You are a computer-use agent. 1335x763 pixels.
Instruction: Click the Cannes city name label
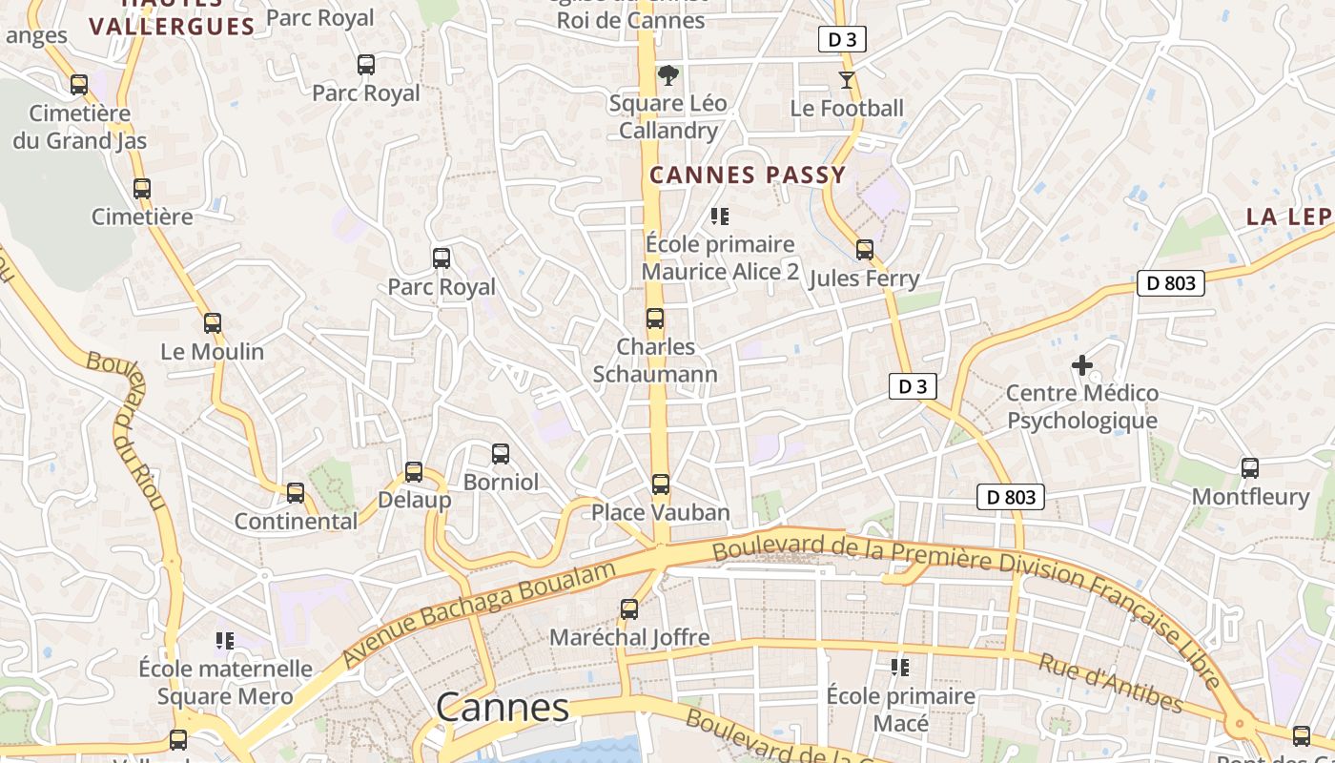[503, 708]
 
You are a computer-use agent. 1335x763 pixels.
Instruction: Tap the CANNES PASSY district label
[748, 175]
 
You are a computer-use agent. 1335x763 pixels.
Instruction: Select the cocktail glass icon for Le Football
[847, 79]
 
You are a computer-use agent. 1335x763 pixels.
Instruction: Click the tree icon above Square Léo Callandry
[669, 74]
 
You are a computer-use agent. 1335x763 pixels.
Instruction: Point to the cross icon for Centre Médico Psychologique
[1082, 364]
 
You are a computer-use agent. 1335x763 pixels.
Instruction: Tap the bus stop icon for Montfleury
[1250, 468]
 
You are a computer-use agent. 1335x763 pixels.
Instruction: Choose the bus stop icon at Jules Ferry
[865, 250]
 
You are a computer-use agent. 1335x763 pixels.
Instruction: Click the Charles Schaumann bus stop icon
[655, 319]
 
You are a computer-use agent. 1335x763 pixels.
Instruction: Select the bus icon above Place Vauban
[661, 485]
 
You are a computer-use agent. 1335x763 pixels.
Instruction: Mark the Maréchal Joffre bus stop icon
[629, 608]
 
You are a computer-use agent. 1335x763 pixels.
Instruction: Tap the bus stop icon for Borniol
[501, 454]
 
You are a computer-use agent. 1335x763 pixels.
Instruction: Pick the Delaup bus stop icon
[414, 471]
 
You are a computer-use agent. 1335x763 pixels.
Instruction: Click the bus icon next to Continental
[296, 493]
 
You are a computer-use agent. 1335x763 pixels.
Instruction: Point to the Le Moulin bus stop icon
[213, 323]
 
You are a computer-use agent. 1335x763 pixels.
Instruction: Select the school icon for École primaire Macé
[900, 668]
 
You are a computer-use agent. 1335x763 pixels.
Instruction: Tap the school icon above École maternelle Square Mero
[225, 640]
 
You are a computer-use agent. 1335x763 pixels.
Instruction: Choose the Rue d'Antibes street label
[1110, 683]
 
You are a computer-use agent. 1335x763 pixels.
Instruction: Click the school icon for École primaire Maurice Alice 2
[720, 217]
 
